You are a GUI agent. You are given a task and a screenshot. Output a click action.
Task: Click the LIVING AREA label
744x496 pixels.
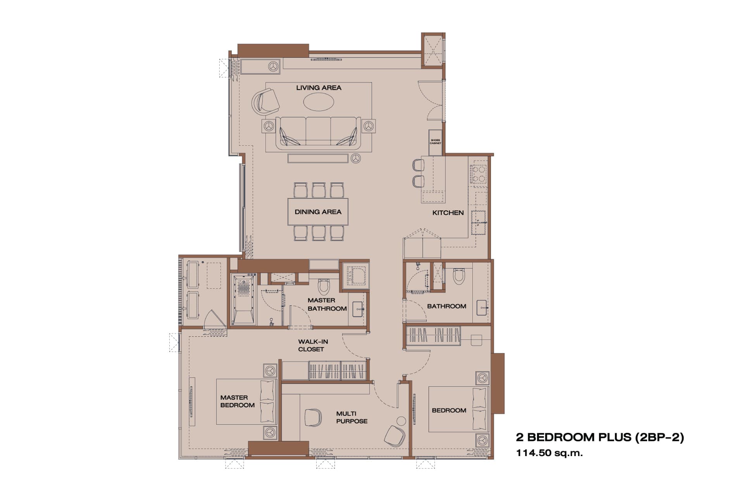pos(319,88)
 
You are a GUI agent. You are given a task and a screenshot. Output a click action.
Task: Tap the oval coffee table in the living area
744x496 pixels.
pos(319,102)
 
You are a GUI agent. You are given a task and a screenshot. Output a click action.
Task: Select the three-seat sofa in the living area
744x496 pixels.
pos(319,132)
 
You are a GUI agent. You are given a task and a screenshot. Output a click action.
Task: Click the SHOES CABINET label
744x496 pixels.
pos(435,142)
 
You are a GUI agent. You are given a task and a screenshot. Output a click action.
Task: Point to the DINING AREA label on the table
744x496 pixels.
pos(318,212)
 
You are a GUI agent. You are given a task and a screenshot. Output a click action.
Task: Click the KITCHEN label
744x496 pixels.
pos(448,213)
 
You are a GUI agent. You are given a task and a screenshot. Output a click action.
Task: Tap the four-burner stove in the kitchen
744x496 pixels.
pos(478,174)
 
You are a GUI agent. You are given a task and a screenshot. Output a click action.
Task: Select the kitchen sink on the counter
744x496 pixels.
pos(479,223)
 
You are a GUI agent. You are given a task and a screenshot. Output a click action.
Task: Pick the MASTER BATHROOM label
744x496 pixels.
pos(327,304)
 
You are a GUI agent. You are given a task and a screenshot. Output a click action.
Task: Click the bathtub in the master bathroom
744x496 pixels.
pos(243,299)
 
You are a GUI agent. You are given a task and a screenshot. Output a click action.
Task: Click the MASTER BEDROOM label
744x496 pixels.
pos(238,401)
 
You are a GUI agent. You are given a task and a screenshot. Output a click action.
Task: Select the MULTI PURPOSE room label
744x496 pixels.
pos(352,417)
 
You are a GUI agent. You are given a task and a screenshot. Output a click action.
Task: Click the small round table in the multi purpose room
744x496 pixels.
pos(401,421)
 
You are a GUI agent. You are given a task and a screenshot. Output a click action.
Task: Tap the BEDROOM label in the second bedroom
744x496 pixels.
pos(449,410)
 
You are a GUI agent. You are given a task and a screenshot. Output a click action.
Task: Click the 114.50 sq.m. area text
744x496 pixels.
pos(549,453)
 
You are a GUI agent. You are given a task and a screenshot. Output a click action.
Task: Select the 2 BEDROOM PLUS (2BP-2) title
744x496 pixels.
pos(600,437)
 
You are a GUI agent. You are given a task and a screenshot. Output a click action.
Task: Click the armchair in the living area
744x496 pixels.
pos(266,102)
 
